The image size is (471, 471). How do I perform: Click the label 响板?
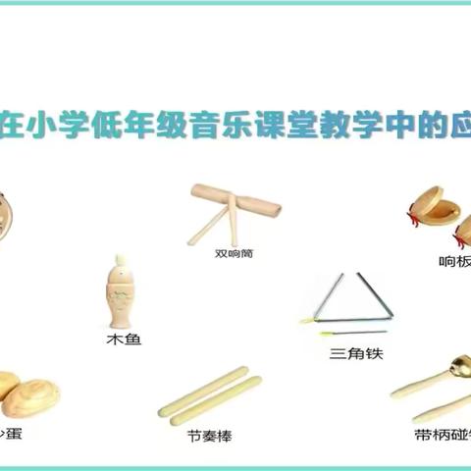coord(454,261)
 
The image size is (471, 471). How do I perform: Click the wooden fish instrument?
coord(123,291)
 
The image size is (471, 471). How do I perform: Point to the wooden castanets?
coord(433,217)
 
